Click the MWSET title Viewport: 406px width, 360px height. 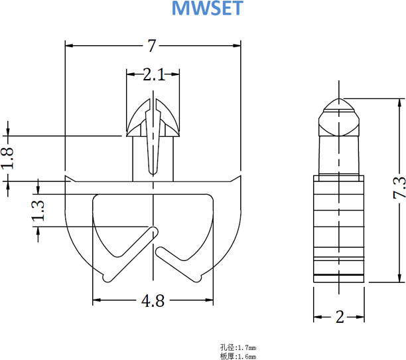(208, 9)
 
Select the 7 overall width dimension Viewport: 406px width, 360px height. (152, 46)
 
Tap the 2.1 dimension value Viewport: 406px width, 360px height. (153, 74)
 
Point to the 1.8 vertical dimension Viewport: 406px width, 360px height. (8, 158)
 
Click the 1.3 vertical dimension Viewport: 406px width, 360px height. (38, 211)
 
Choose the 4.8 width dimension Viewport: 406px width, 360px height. (152, 301)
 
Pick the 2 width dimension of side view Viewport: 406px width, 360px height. (340, 317)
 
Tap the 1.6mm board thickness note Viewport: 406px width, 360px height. (237, 356)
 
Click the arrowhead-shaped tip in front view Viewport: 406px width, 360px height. (153, 116)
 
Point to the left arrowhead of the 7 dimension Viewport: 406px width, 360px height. (69, 46)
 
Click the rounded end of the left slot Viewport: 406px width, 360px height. (154, 230)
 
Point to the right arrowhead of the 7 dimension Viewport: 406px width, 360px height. (237, 46)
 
